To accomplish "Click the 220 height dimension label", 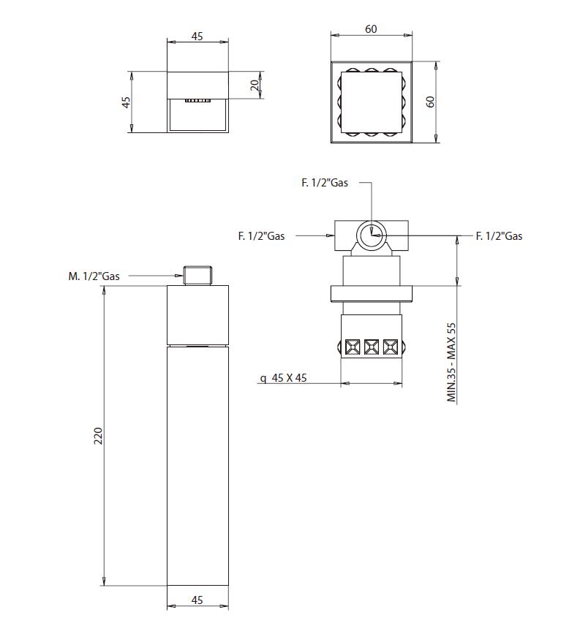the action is click(98, 436).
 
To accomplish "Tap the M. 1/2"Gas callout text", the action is click(94, 276).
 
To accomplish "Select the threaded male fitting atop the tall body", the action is click(197, 276).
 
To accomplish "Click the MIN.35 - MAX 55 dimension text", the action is click(451, 362).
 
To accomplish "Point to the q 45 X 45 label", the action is click(284, 378).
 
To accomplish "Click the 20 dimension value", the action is click(255, 85).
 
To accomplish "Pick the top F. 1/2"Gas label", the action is click(325, 183).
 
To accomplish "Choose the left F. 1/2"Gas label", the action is click(261, 236).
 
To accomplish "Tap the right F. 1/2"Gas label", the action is click(499, 236).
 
